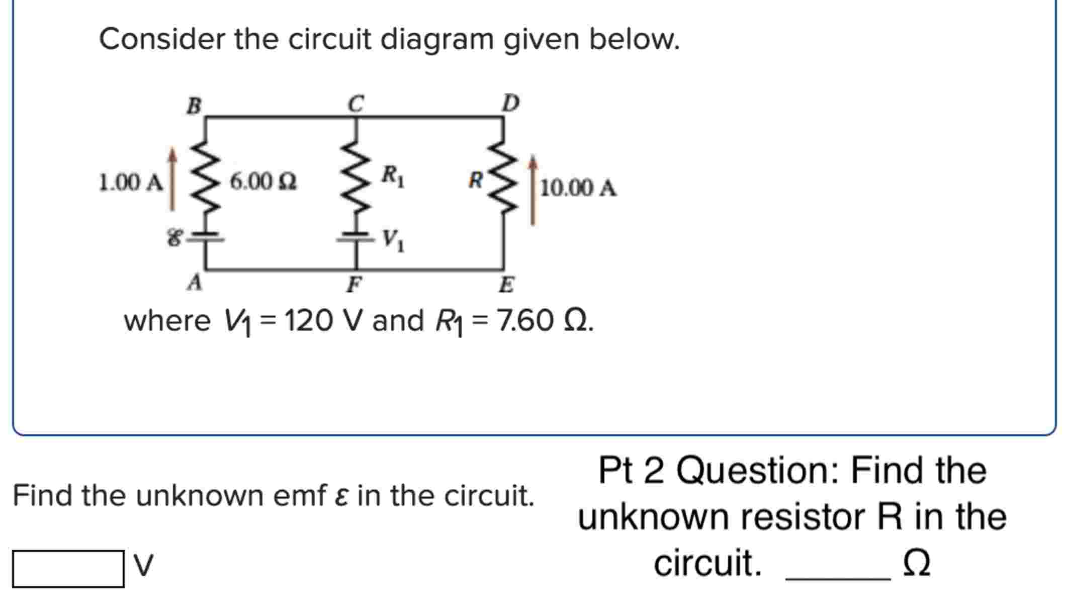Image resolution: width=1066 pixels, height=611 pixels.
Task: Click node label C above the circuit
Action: point(356,104)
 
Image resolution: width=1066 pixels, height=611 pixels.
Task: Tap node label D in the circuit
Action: point(511,104)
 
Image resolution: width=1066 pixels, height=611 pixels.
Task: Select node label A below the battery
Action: point(195,282)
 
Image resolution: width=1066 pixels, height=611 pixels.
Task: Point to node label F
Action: point(354,285)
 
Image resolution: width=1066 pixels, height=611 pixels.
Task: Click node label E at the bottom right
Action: point(506,285)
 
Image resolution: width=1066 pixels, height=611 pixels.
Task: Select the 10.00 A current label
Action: point(578,188)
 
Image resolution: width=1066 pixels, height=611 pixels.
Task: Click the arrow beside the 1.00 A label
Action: point(172,179)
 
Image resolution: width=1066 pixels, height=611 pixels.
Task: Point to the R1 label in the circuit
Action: point(393,176)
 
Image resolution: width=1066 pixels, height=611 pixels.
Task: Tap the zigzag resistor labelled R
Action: point(503,176)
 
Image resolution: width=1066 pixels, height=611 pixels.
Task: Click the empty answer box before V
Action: point(68,569)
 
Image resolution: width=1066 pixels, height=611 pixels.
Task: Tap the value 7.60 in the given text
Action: point(525,321)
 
